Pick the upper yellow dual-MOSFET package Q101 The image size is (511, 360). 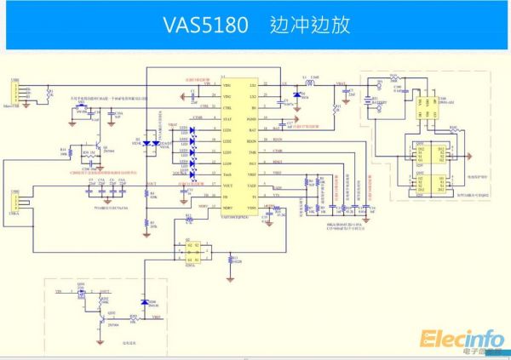(421, 153)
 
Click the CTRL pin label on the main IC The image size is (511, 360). (227, 109)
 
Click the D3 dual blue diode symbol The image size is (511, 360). (146, 143)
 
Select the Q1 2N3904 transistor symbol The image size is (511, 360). (100, 151)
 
